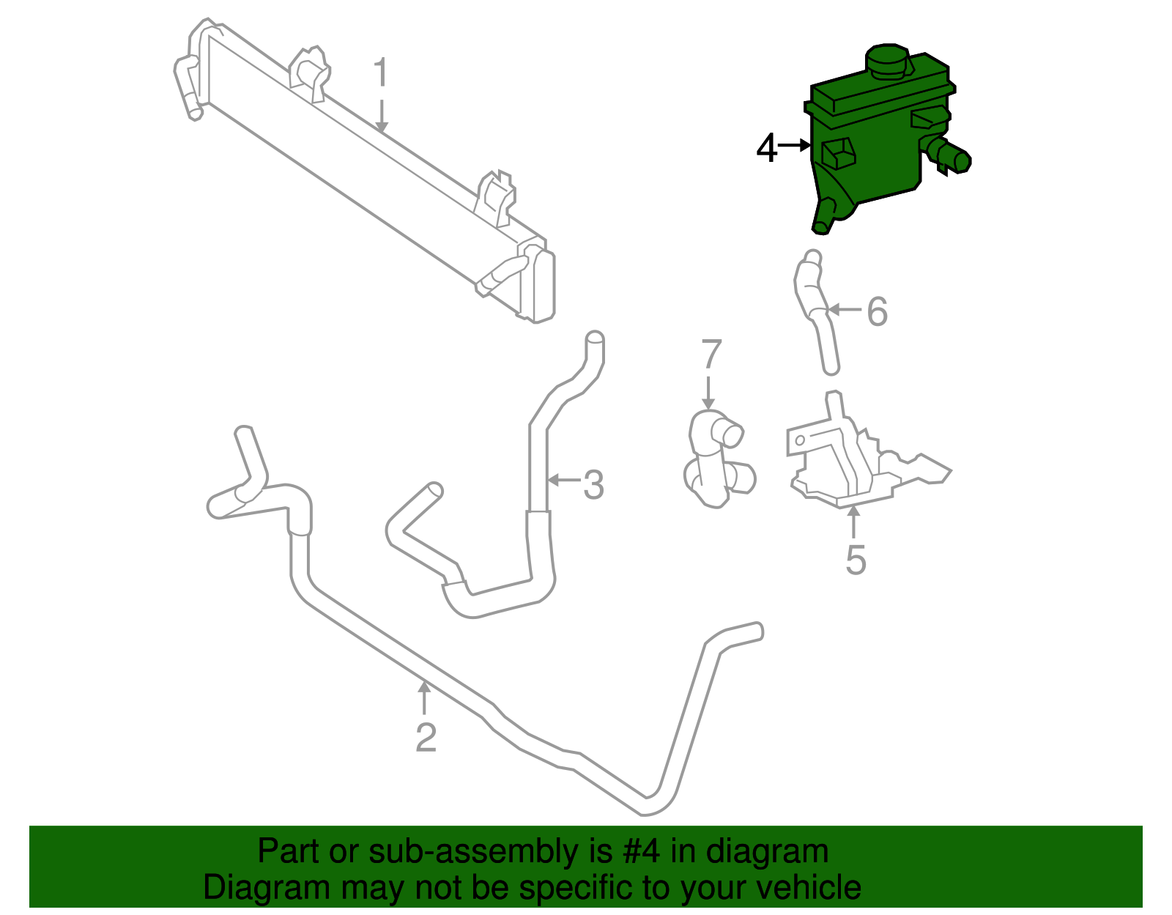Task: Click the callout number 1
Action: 379,74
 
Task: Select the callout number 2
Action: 426,737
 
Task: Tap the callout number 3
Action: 593,485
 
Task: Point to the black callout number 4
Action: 766,148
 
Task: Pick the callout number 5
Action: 856,560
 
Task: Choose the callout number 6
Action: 877,311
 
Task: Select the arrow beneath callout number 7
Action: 708,392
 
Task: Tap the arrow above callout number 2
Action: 424,696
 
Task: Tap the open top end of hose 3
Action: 595,339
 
